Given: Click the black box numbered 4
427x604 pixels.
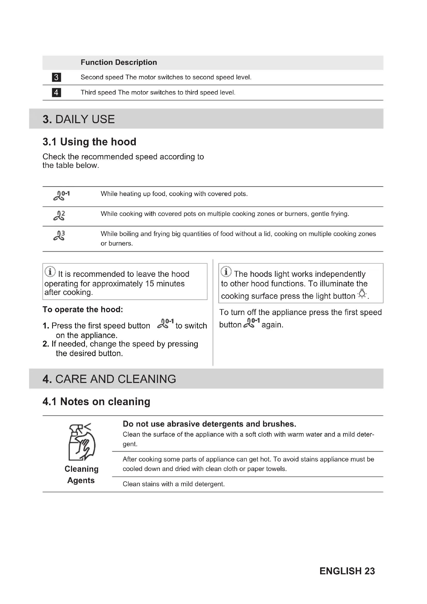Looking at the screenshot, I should coord(56,92).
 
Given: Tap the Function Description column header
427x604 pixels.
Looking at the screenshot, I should coord(118,62).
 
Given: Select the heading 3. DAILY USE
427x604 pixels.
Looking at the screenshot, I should coord(79,119).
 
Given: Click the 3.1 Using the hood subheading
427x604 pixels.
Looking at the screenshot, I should coord(89,142).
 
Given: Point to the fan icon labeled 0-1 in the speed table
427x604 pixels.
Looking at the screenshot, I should coord(61,196).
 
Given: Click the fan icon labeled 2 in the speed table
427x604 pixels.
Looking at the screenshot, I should coord(59,215).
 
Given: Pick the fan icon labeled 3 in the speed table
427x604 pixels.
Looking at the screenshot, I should coord(59,236).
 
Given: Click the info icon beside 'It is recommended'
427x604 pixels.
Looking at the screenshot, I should coord(50,271).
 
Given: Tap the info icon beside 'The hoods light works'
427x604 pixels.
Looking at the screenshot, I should coord(226,271).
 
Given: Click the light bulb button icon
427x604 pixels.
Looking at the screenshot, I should coord(362,294).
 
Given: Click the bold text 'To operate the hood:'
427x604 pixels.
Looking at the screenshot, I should coord(83,309).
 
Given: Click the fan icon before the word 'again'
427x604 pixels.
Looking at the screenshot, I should coord(252,323).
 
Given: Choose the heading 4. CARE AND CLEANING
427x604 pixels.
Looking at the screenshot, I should coord(109,379).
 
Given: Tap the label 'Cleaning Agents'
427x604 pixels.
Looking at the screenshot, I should coord(82,475).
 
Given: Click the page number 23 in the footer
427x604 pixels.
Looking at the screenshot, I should coord(370,571).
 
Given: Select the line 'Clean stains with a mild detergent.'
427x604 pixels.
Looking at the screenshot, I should coord(173,484).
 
